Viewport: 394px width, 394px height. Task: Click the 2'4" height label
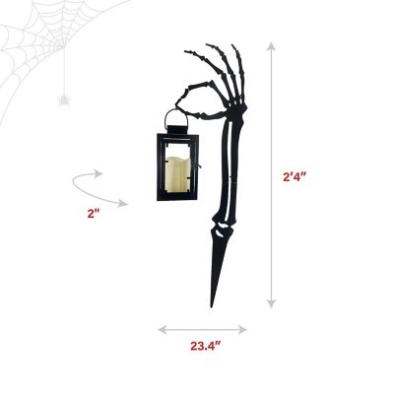(x=295, y=177)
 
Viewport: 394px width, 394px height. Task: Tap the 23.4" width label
(x=206, y=346)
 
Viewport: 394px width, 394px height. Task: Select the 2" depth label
(x=94, y=214)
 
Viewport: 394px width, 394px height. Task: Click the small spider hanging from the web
(x=64, y=100)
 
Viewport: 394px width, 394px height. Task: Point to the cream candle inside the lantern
(x=177, y=173)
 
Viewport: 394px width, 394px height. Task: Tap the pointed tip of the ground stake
(x=212, y=307)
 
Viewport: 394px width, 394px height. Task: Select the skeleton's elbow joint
(x=222, y=228)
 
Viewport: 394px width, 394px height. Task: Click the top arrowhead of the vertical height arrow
(x=271, y=47)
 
